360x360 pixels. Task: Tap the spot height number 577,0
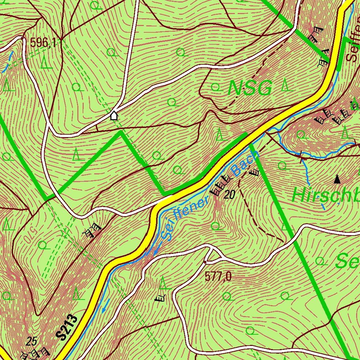[218, 277]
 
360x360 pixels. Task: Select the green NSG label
[250, 88]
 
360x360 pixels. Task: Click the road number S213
[66, 327]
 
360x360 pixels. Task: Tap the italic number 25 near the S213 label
[32, 341]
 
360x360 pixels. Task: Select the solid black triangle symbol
[337, 179]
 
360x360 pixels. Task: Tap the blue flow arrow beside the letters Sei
[156, 250]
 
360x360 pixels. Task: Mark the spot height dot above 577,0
[205, 262]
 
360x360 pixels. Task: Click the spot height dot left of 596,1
[22, 38]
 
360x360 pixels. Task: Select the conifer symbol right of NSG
[287, 85]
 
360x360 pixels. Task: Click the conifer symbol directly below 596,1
[44, 62]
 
